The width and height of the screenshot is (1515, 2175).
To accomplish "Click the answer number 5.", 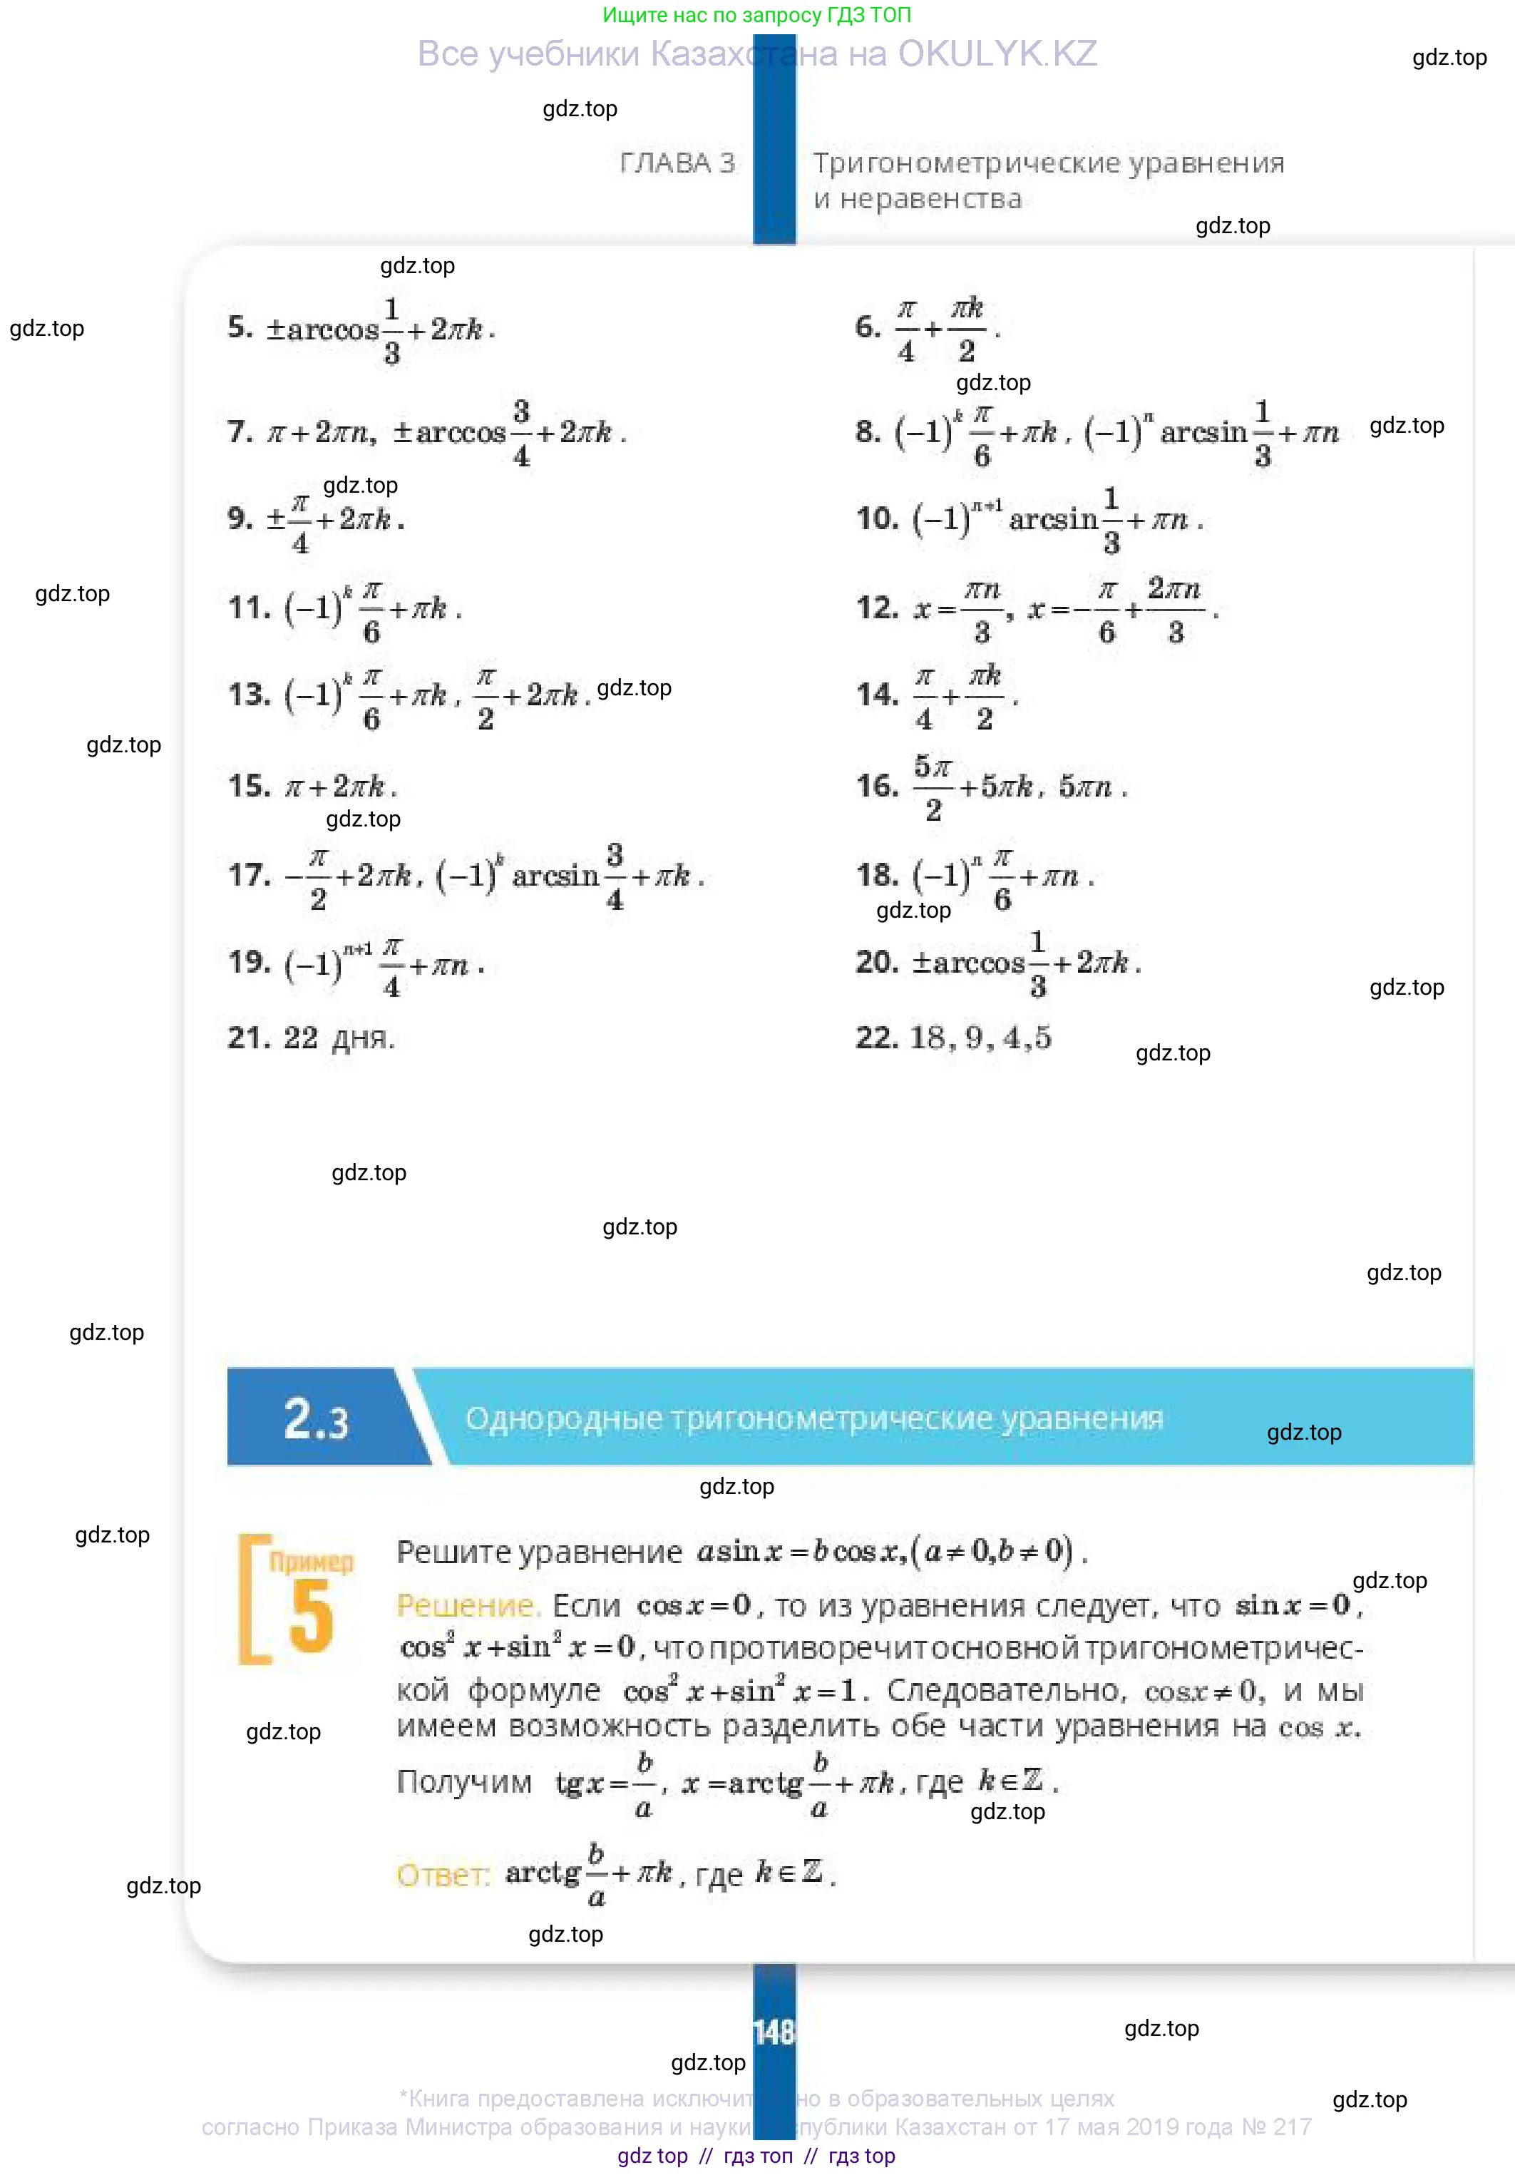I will [x=239, y=328].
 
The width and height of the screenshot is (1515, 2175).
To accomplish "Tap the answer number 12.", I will [x=876, y=608].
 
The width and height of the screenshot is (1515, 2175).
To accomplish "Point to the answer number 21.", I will [x=249, y=1038].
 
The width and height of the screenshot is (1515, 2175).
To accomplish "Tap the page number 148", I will [x=774, y=2032].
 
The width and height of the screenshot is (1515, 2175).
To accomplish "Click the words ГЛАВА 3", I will [x=677, y=163].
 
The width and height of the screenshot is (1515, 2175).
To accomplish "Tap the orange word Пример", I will [x=311, y=1562].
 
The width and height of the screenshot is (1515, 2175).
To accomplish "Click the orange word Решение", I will [x=467, y=1606].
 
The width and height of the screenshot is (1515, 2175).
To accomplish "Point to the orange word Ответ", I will [x=442, y=1875].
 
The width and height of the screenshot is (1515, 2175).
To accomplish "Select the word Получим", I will [x=464, y=1782].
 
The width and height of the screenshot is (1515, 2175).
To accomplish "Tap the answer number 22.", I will [x=876, y=1038].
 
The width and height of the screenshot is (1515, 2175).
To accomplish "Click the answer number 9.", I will [x=239, y=518].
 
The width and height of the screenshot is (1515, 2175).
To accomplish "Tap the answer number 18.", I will [x=876, y=874].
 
